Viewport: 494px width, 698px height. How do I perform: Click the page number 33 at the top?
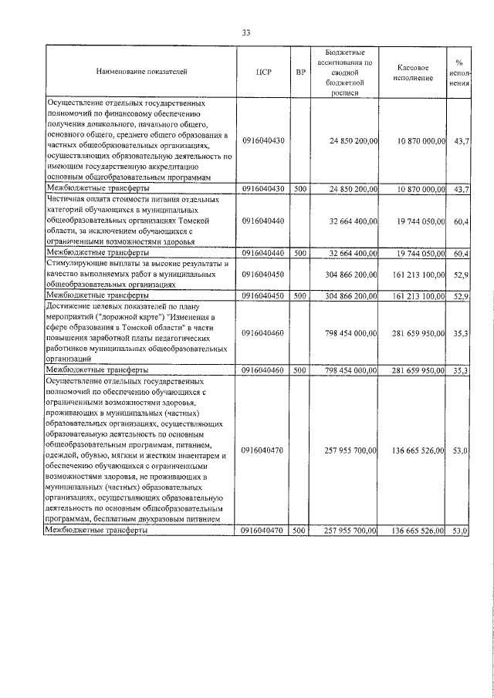246,32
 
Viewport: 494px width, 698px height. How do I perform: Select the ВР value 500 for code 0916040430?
300,188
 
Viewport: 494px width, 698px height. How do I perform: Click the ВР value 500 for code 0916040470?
300,531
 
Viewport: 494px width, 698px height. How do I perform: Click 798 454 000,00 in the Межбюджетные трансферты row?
350,370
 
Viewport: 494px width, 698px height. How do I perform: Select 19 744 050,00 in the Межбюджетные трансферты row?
418,253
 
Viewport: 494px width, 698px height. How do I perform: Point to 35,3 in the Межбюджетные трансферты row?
461,370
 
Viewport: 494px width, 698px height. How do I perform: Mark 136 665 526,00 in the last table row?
418,531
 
